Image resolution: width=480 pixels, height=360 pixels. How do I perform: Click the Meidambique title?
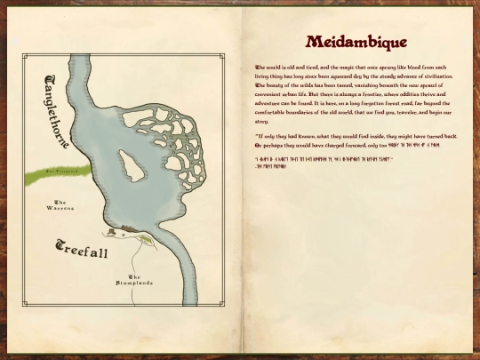356,42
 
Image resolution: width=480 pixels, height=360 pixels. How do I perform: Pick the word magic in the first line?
349,68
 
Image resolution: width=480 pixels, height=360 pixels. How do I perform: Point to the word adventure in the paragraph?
272,104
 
